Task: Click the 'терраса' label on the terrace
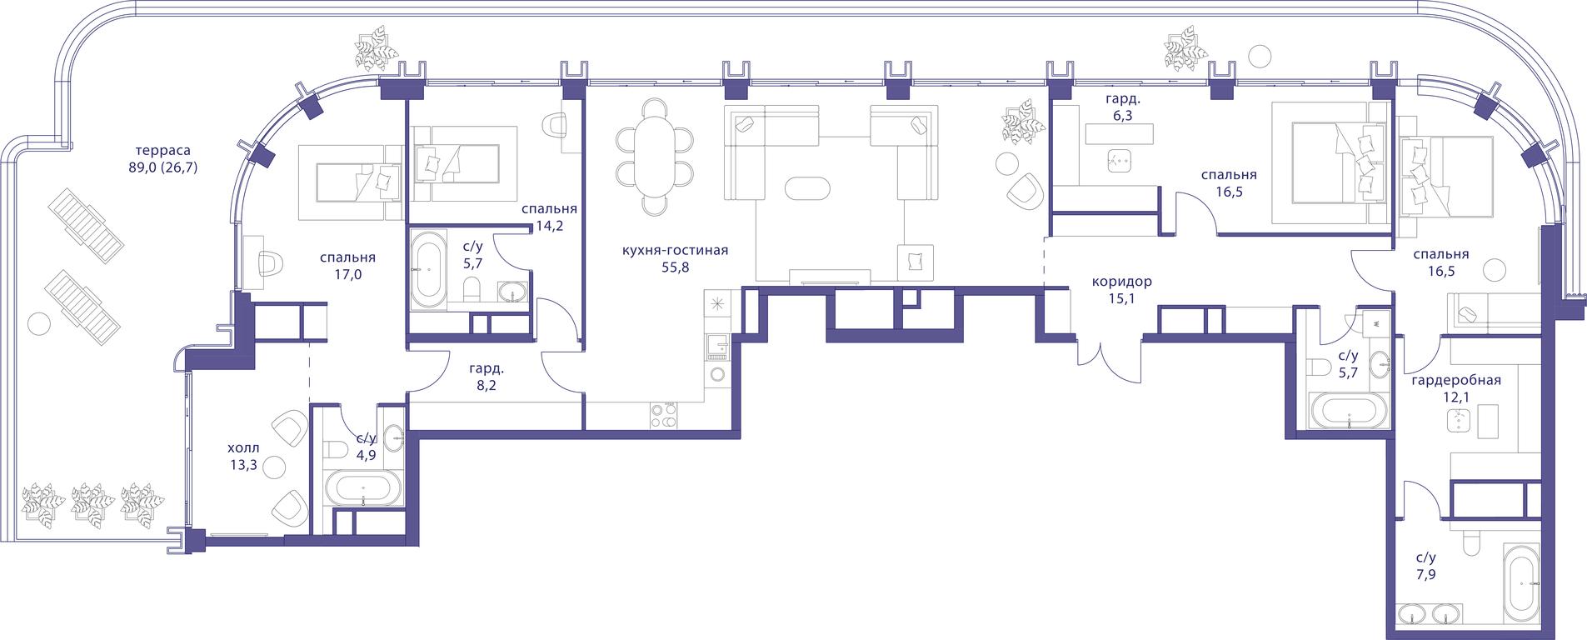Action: pos(165,151)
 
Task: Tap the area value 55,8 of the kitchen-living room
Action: pos(676,267)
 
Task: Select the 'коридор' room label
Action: pos(1122,282)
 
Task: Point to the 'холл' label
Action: pos(243,447)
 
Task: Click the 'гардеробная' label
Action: pos(1456,381)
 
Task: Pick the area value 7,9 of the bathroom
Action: pos(1425,574)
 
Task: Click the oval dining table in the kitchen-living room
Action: pos(655,154)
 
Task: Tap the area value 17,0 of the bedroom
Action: pos(347,272)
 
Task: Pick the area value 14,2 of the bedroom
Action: pos(550,225)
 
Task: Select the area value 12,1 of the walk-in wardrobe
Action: pos(1456,397)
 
